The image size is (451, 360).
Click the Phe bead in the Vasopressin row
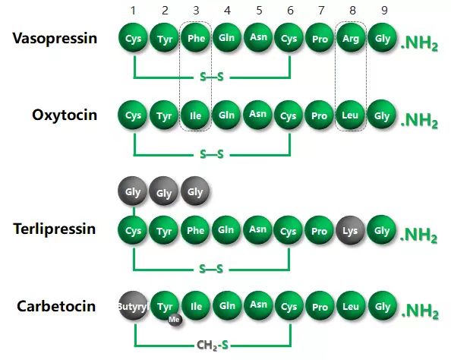196,38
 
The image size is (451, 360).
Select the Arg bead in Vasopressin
351,38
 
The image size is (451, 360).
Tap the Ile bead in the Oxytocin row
195,115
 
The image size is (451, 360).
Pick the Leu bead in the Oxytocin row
350,115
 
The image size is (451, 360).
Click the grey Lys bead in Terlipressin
350,230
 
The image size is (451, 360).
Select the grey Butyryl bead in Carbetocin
134,305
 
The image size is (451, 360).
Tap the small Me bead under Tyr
175,320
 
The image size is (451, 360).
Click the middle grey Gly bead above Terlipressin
164,191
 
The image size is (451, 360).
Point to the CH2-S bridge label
213,345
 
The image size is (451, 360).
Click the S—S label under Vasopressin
212,77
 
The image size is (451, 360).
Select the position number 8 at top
352,11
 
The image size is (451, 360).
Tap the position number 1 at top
133,11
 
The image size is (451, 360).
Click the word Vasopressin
55,38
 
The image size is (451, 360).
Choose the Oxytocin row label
65,115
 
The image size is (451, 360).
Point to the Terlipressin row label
55,229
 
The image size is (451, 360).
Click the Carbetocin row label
56,306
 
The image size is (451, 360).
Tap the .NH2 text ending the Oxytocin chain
419,120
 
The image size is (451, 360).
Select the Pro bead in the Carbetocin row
320,305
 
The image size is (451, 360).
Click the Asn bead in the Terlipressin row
257,229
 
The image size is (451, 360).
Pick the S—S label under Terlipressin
211,269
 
